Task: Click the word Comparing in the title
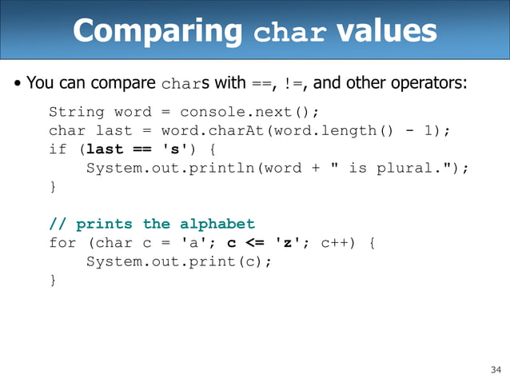tap(157, 31)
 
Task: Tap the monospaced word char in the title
tap(289, 34)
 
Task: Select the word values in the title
tap(386, 31)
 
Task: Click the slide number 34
tap(494, 369)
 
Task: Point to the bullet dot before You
tap(17, 83)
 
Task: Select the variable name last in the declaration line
tap(114, 130)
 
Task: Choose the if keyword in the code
tap(58, 149)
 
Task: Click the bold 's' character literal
tap(175, 149)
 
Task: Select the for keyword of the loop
tap(62, 243)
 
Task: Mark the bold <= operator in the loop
tap(254, 243)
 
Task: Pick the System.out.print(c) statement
tap(178, 261)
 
